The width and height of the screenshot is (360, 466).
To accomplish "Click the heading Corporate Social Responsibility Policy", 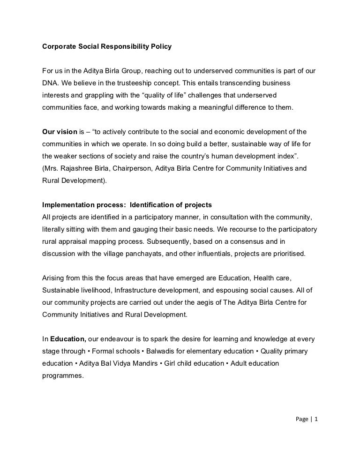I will pyautogui.click(x=107, y=47).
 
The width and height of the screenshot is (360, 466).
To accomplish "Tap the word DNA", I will pyautogui.click(x=50, y=83).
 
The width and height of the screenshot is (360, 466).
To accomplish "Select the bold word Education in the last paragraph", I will pyautogui.click(x=68, y=339).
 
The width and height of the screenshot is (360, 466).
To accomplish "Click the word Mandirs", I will pyautogui.click(x=142, y=363).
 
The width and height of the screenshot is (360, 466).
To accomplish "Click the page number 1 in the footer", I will pyautogui.click(x=316, y=420).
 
